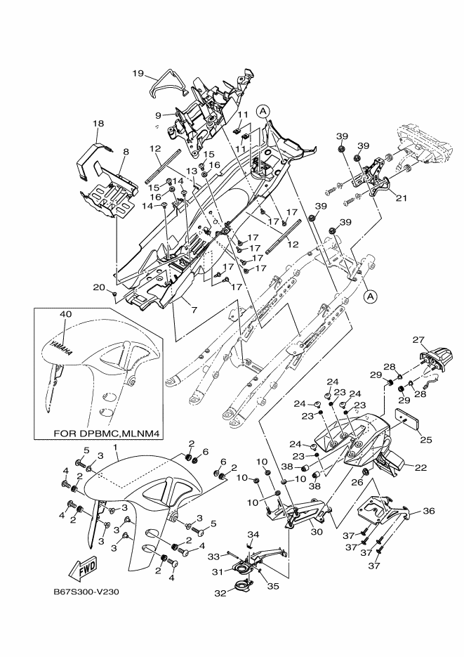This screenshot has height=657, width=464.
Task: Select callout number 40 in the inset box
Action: (x=66, y=313)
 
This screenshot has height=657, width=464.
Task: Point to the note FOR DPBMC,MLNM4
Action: (x=105, y=434)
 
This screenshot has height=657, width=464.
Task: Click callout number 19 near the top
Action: (x=138, y=72)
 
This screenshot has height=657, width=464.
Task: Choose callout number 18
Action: (x=98, y=124)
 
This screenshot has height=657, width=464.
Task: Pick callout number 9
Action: (x=159, y=114)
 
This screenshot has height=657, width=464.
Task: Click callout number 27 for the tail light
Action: (x=419, y=340)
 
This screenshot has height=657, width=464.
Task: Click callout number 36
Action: (x=428, y=512)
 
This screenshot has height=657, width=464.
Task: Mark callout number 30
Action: (x=316, y=532)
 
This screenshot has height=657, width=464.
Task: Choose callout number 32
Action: (x=221, y=593)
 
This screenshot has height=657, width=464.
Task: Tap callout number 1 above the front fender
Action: (x=115, y=447)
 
